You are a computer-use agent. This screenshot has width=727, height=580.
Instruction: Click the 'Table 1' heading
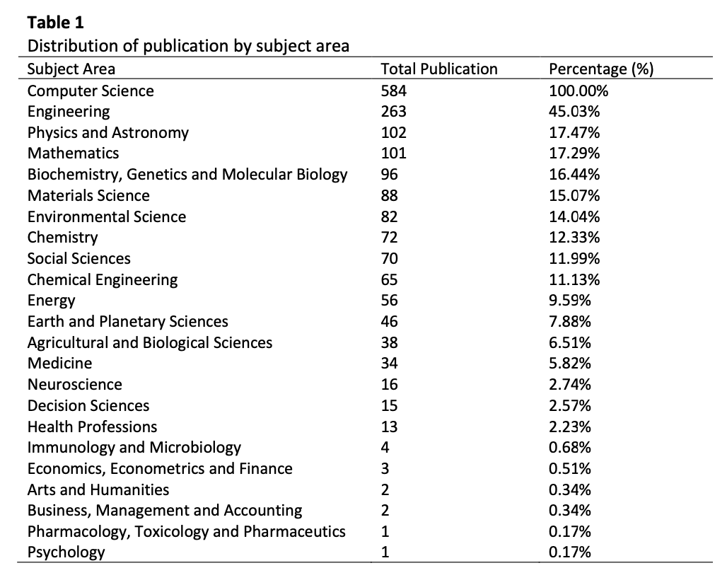tap(56, 22)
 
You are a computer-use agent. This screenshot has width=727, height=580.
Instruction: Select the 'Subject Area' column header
tap(71, 69)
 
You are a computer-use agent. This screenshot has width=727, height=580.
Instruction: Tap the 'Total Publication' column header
tap(439, 69)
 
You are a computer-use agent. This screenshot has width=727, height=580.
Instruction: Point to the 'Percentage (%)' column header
tap(601, 69)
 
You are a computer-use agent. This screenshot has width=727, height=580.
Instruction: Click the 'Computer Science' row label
tap(91, 91)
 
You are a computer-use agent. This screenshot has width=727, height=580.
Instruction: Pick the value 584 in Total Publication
tap(394, 91)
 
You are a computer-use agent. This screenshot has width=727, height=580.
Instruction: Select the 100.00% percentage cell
tap(578, 91)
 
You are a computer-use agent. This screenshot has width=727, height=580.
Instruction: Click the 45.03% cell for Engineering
tap(574, 112)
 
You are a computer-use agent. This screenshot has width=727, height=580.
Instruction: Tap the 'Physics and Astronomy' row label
tap(108, 133)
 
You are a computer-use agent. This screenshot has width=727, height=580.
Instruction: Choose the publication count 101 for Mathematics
tap(394, 153)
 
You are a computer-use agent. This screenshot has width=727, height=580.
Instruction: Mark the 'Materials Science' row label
tap(88, 196)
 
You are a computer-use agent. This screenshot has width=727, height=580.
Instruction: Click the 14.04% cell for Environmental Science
tap(574, 217)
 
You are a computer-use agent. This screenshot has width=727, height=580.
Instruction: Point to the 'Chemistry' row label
tap(63, 238)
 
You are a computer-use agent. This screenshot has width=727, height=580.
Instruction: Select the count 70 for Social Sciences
tap(390, 259)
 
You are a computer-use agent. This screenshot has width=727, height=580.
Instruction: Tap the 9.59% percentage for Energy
tap(570, 301)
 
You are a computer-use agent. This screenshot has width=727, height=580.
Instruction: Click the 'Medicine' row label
tap(60, 364)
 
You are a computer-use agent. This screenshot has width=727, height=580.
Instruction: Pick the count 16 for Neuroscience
tap(390, 385)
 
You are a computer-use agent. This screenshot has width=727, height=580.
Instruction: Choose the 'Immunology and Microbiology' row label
tap(134, 448)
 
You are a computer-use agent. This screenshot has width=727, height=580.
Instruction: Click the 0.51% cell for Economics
tap(570, 469)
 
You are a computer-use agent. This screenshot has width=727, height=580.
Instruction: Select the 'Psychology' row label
tap(66, 552)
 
